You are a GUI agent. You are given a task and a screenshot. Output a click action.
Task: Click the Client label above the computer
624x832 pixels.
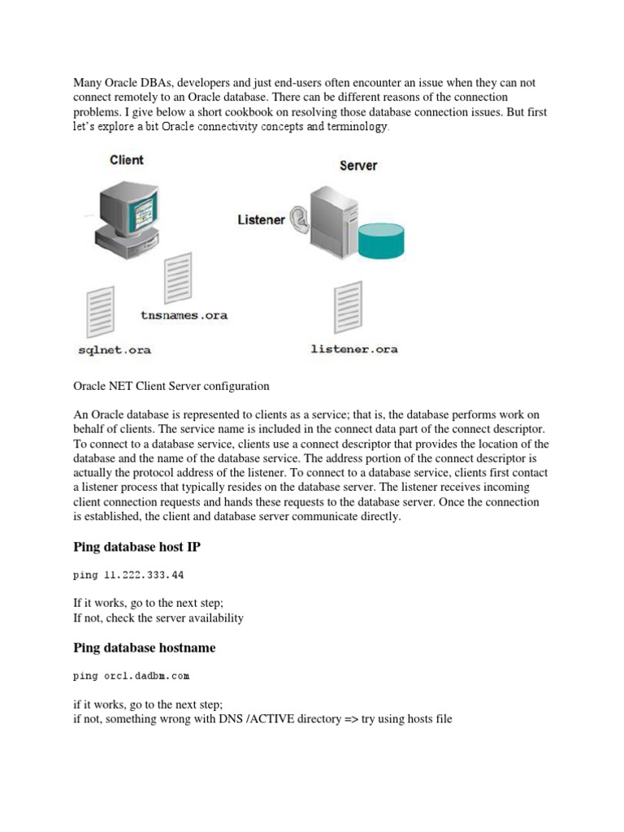(x=127, y=160)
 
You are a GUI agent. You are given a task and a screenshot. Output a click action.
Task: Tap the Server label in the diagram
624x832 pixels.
(x=357, y=166)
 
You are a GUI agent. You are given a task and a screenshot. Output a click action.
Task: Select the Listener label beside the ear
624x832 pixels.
(x=261, y=220)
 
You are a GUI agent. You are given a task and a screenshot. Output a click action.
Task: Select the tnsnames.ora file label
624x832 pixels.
(x=184, y=315)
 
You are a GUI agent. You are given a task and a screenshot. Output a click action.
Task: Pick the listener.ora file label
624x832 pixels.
(x=354, y=349)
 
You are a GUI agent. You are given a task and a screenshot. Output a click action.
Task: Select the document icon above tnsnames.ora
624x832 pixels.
(x=177, y=277)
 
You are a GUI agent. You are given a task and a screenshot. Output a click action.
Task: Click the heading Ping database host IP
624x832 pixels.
(x=136, y=548)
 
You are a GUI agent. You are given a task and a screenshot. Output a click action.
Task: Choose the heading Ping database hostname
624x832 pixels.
(x=145, y=648)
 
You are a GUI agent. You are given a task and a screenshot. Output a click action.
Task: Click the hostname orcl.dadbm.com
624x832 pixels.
(x=146, y=676)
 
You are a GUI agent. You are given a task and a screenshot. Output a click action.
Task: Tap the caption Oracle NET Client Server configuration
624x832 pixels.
(x=171, y=386)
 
